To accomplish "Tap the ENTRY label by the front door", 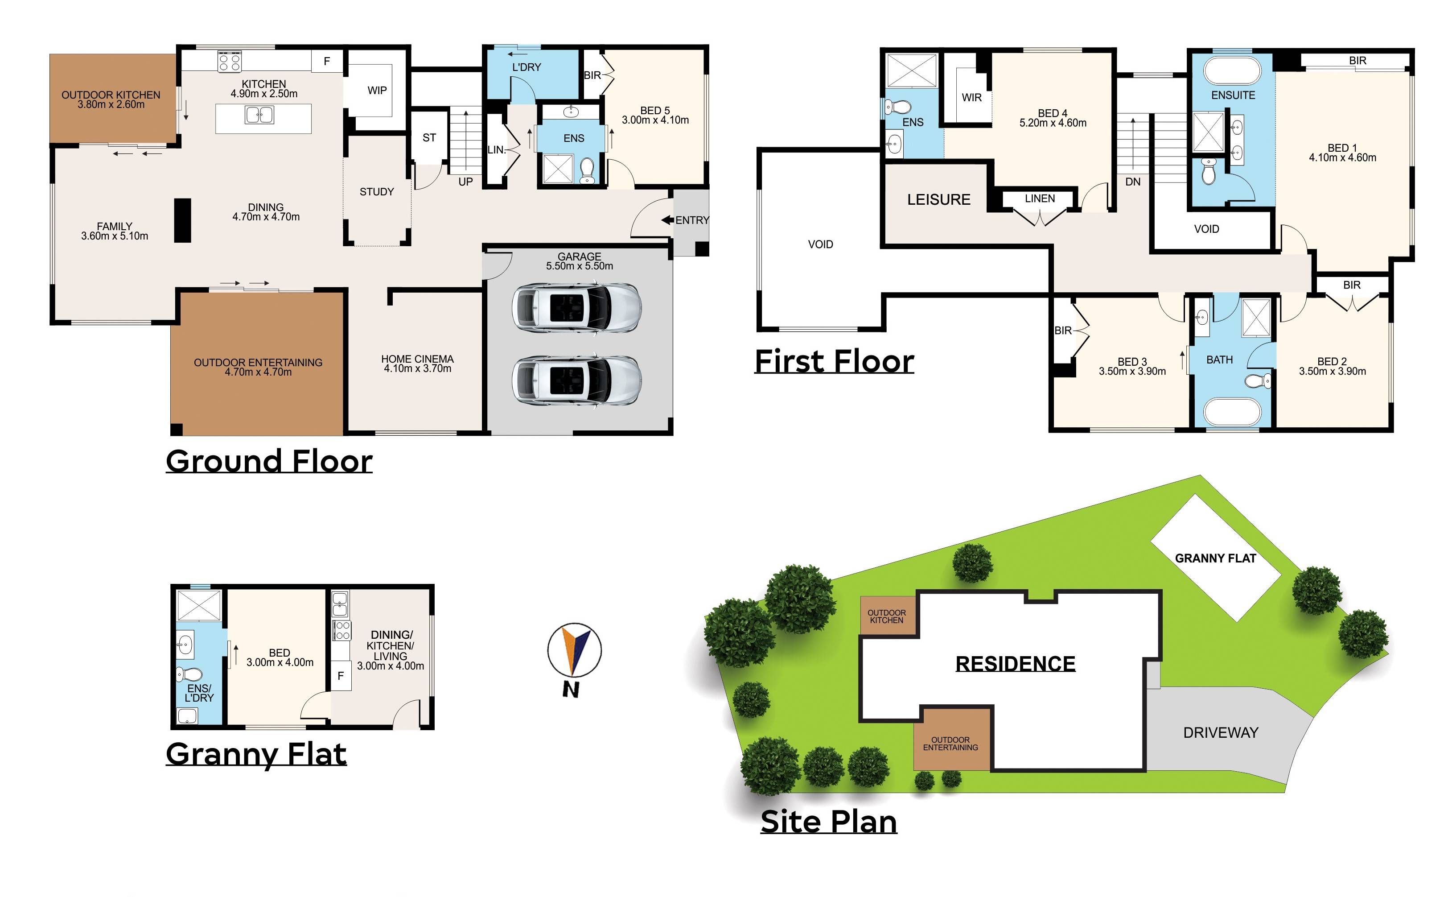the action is click(x=692, y=220).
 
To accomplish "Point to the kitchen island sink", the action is click(x=259, y=115).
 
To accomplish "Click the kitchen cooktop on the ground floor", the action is click(x=230, y=61).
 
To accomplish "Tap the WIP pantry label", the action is click(x=377, y=90).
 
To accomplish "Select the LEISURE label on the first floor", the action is click(x=938, y=199).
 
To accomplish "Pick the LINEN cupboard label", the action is click(x=1040, y=198).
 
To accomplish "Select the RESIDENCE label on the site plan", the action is click(x=1015, y=664).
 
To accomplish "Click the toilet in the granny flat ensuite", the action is click(x=189, y=674).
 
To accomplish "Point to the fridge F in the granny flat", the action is click(x=341, y=676).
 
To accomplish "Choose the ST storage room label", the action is click(x=429, y=138).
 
